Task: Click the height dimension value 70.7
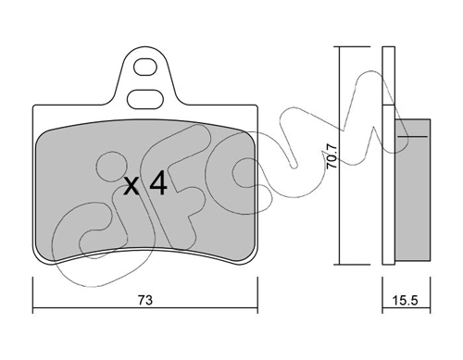[332, 154]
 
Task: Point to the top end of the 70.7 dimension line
[341, 46]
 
